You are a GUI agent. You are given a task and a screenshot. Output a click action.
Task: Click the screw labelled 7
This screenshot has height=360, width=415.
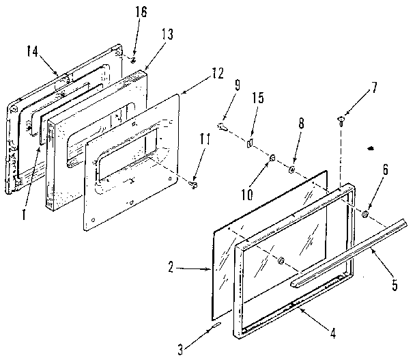pos(340,121)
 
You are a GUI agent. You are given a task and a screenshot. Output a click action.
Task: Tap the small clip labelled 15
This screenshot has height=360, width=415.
pos(249,143)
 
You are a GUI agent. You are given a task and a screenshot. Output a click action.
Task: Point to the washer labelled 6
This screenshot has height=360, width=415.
pos(365,214)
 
